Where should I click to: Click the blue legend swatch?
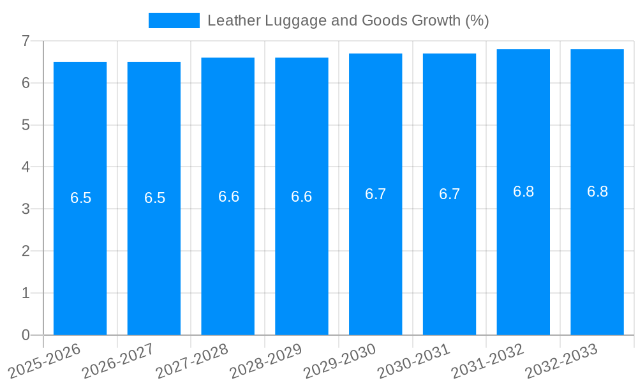174,20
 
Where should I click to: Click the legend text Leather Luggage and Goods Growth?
348,20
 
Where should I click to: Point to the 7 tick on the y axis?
26,41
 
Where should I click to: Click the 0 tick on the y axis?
26,335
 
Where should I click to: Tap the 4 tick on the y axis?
26,167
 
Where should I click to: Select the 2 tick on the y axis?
26,251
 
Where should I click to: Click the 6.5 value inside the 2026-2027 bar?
154,198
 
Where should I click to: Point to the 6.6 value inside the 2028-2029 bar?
301,197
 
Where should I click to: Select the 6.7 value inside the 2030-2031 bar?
449,194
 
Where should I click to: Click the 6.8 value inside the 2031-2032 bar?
523,191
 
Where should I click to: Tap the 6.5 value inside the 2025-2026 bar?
80,198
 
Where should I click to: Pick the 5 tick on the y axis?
26,125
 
